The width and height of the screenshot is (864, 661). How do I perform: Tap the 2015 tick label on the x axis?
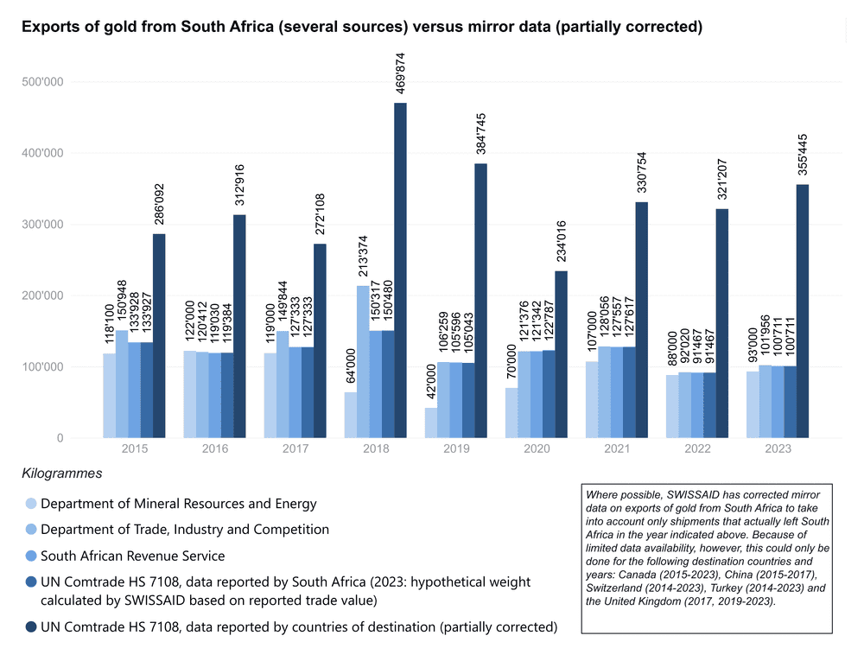tap(134, 450)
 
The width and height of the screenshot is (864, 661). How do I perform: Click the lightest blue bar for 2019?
tap(430, 423)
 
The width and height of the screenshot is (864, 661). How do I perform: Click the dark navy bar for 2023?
tap(803, 311)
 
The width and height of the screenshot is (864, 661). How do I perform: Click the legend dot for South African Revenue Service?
tap(31, 556)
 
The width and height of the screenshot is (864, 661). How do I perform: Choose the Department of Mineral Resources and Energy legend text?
tap(178, 504)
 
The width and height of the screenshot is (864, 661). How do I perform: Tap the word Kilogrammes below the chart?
tap(62, 474)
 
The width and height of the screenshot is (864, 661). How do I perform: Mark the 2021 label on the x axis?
tap(616, 450)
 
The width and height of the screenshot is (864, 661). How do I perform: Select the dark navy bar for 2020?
tap(561, 354)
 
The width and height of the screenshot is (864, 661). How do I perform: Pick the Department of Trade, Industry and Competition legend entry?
tap(185, 530)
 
